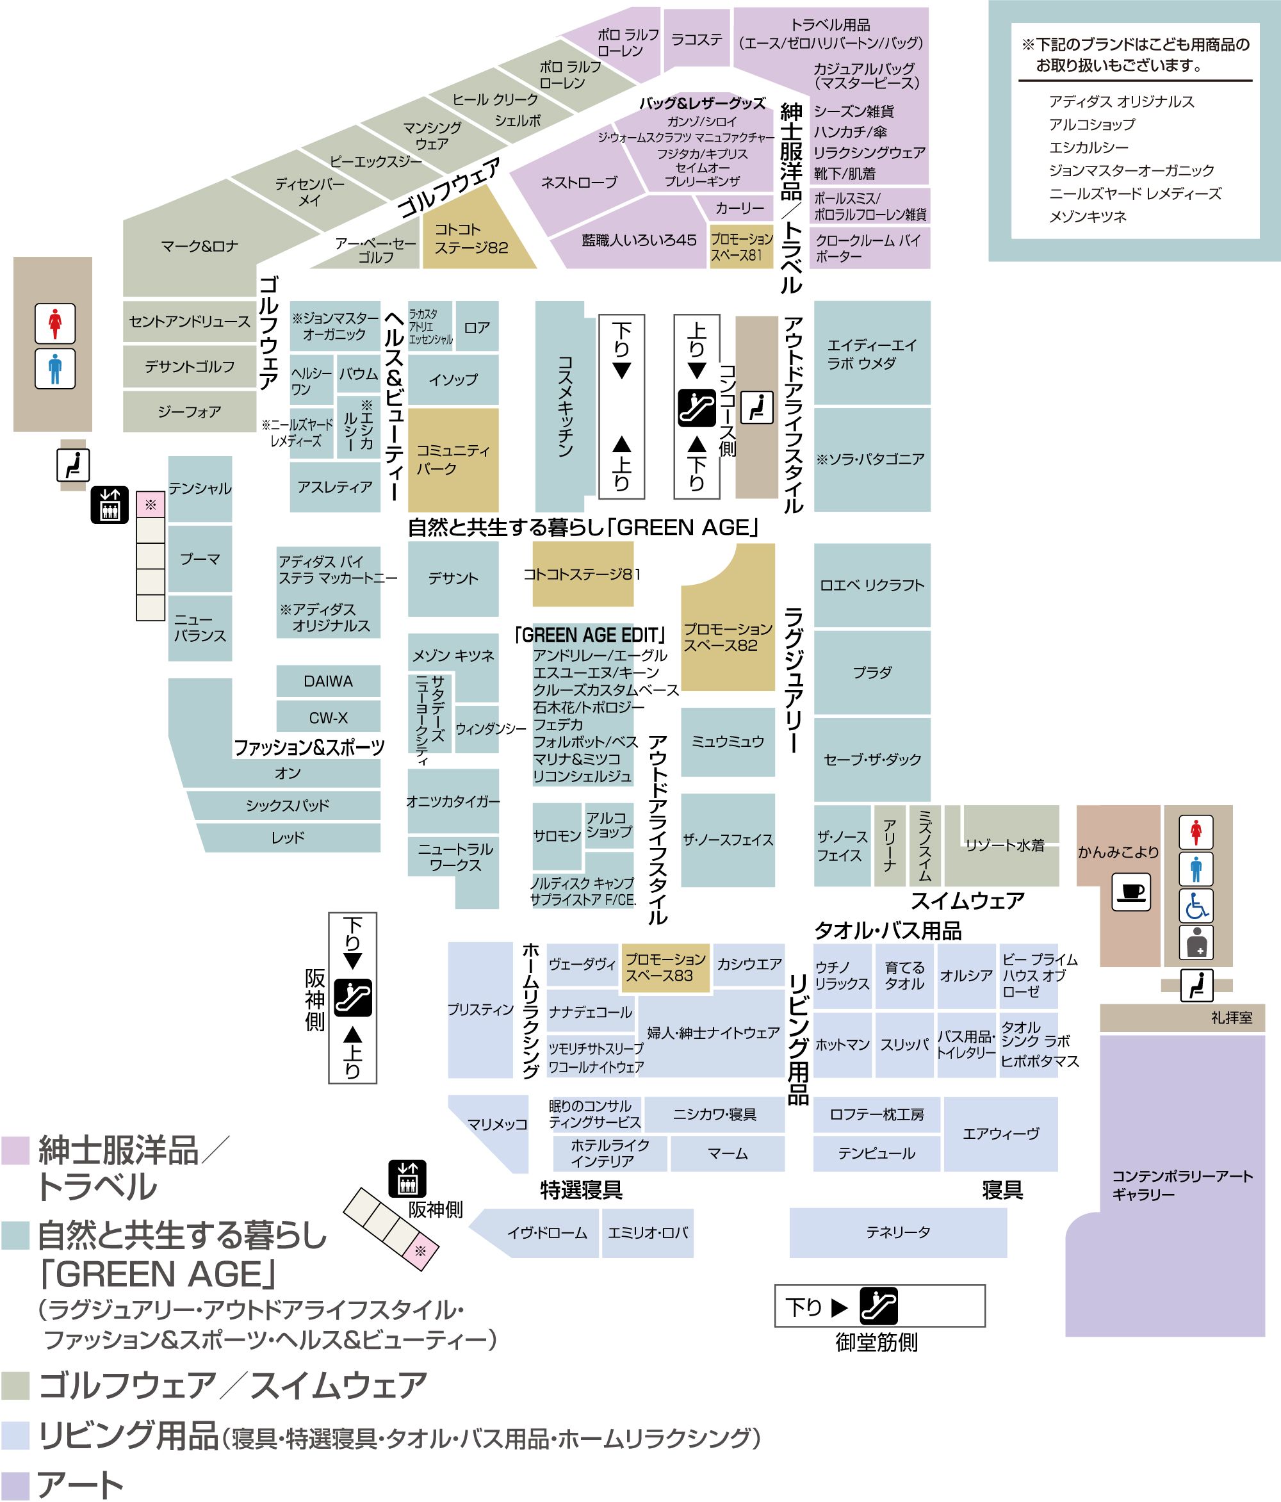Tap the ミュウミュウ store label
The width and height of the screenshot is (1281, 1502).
727,742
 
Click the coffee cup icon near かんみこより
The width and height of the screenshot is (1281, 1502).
1131,892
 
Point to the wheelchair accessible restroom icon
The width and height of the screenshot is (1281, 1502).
1196,906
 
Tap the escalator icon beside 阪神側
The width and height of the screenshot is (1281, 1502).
353,997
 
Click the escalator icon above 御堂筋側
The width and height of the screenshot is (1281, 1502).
879,1305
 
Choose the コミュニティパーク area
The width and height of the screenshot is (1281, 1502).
453,461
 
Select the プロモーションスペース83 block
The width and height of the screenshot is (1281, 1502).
665,967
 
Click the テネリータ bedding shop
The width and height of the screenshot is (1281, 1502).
897,1232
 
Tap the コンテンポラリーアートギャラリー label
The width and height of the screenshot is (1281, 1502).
1182,1184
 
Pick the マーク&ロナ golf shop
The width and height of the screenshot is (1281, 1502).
199,247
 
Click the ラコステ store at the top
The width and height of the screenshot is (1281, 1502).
697,39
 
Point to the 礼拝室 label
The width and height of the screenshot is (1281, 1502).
1231,1018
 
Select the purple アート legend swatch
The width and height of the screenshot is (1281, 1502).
15,1485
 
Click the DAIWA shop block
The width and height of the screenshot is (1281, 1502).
329,681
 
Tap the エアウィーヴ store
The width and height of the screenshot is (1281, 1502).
1000,1134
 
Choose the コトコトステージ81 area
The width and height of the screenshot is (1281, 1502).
583,574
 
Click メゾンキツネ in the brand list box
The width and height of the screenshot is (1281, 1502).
1088,216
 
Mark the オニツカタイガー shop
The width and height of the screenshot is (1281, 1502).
453,801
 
